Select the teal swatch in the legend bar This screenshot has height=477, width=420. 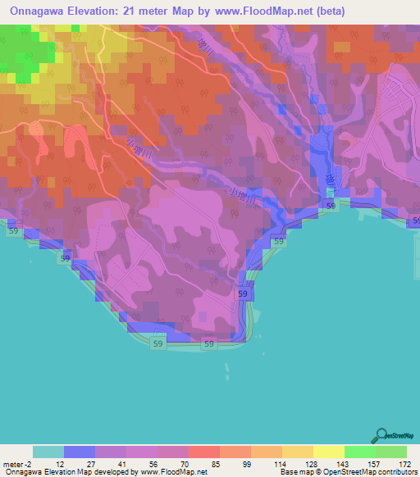coord(48,452)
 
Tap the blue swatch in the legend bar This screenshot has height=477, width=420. coord(80,452)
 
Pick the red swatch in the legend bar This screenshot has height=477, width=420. coord(203,452)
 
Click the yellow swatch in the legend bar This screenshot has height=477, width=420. coord(328,452)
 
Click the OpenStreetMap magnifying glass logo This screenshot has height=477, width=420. coord(382,437)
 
